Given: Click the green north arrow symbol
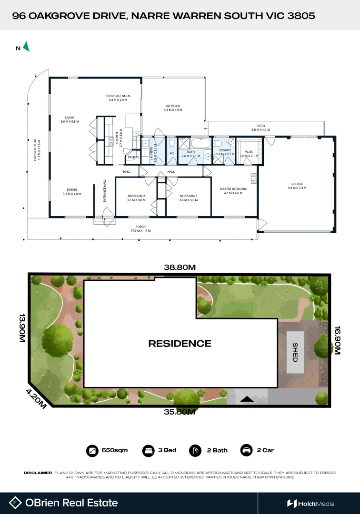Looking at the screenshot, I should point(27,47).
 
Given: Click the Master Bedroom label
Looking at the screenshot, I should point(233,189).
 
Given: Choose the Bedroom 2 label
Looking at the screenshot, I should point(136,196).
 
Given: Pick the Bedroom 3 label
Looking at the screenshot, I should point(188,196).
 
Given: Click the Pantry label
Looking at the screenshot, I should point(133,157).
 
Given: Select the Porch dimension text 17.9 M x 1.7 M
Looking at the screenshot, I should point(140,231).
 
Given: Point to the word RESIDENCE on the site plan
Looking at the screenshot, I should point(180,343).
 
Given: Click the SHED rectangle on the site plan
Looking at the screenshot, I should point(295,352).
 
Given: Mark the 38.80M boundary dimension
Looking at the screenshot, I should point(180,267).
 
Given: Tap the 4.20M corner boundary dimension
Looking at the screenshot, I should point(36,398).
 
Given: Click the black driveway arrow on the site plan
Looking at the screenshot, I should point(247,400).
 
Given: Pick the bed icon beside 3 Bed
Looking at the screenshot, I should point(149,450).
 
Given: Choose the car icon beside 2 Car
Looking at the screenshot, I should point(246,450).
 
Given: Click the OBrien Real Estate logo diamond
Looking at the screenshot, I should point(16,503).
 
